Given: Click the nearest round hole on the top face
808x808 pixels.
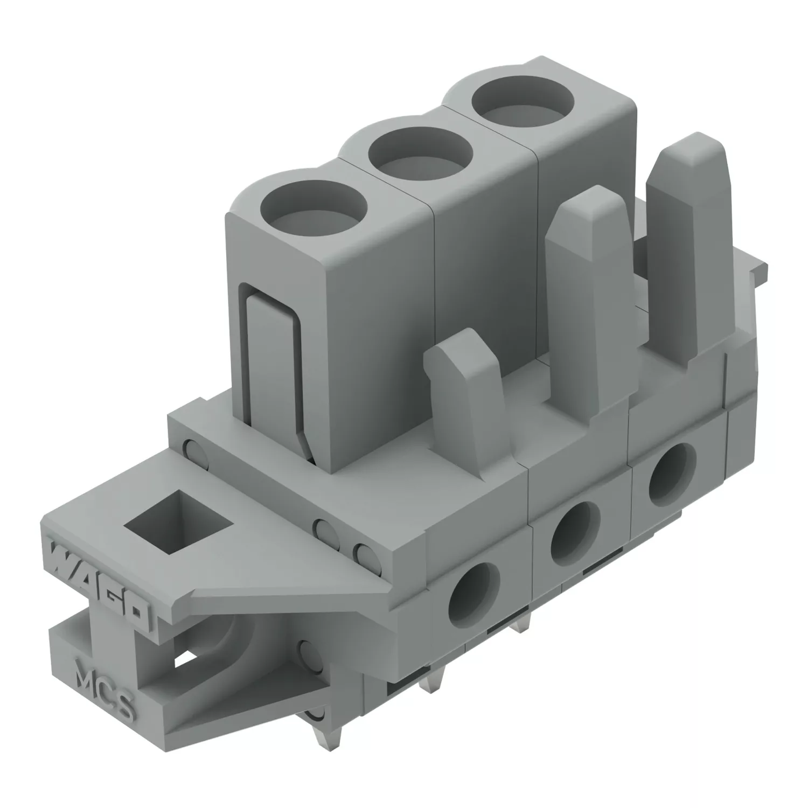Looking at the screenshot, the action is click(x=313, y=211).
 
